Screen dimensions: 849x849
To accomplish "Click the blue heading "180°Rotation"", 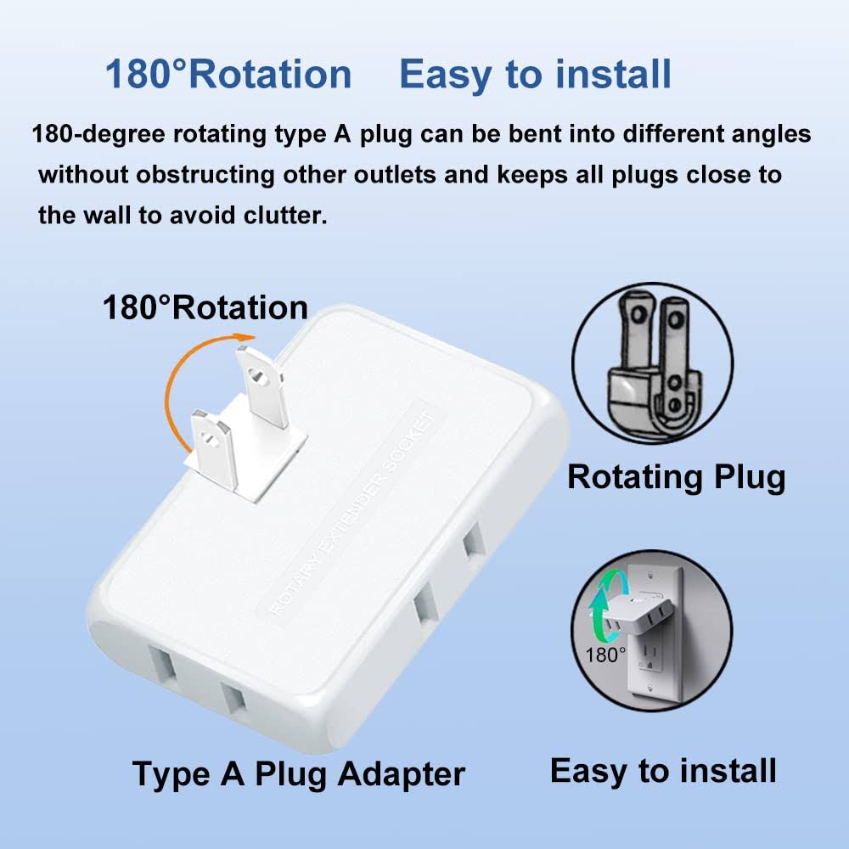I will [x=228, y=74].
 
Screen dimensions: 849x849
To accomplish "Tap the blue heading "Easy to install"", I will [x=535, y=74].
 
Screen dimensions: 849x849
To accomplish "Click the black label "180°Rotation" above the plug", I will [x=205, y=306].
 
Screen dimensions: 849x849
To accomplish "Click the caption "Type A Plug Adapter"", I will [x=298, y=773].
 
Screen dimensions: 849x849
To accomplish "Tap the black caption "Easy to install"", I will [x=663, y=770].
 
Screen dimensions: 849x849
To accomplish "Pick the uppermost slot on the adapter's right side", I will [x=472, y=543].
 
